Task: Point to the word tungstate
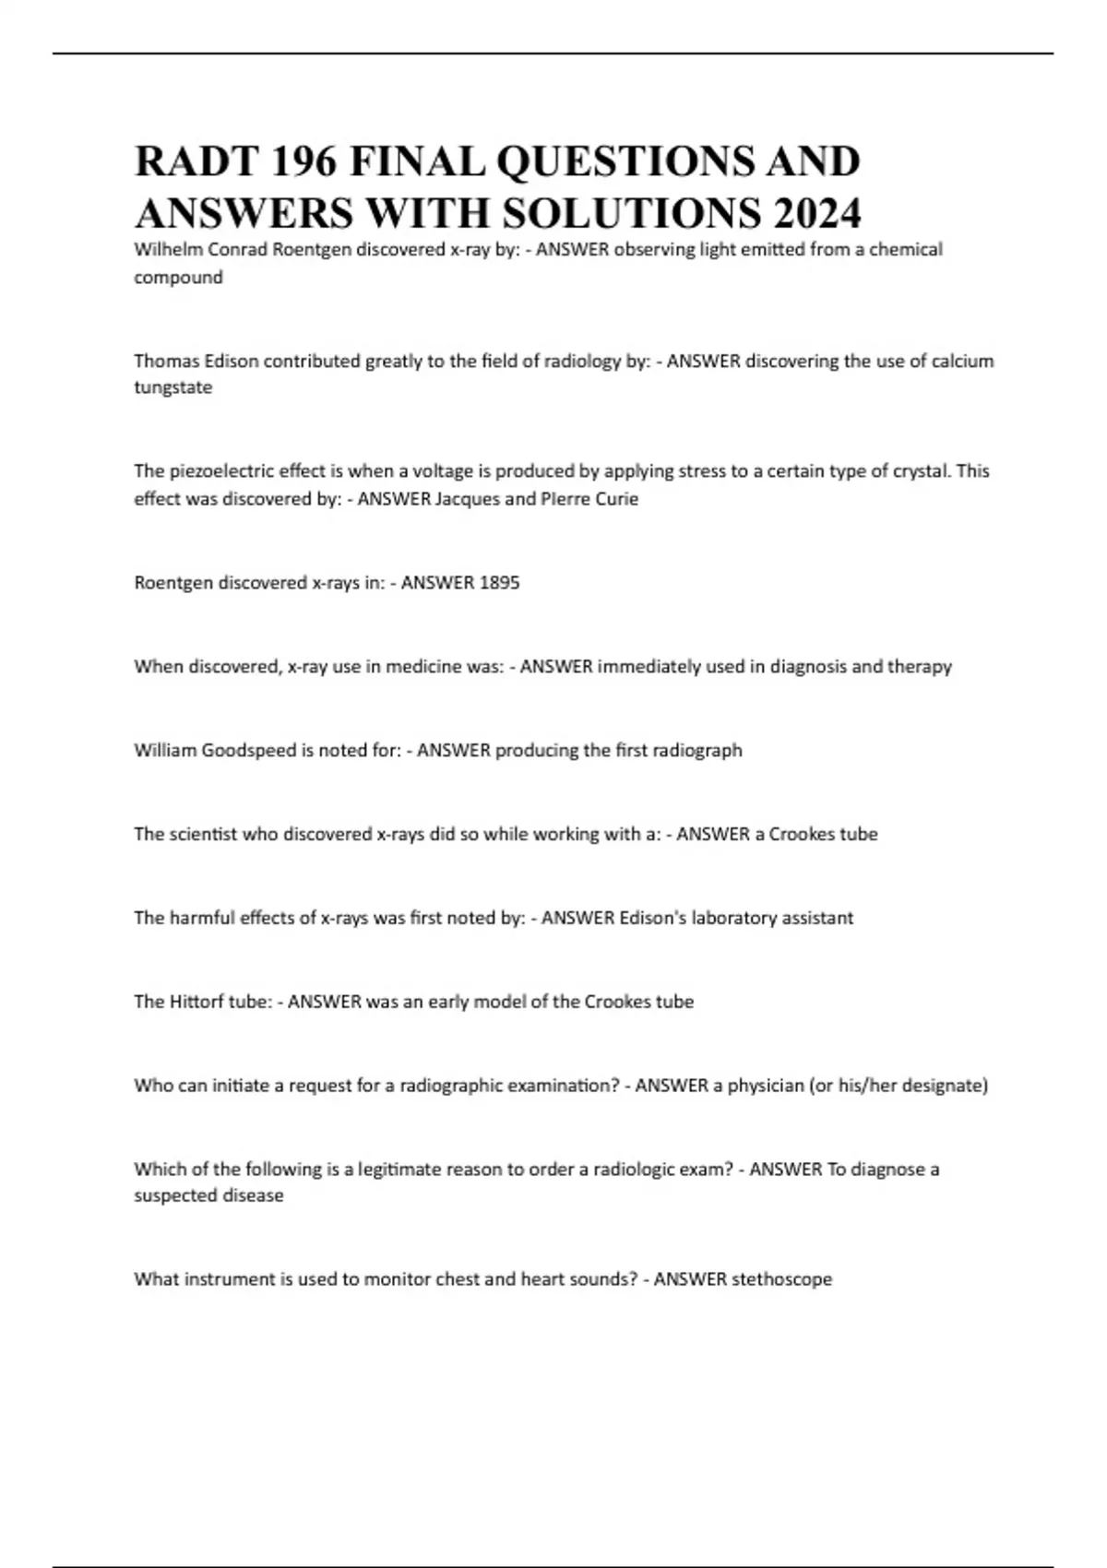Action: click(x=173, y=387)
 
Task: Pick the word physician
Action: click(x=765, y=1086)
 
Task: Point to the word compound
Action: click(x=178, y=278)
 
